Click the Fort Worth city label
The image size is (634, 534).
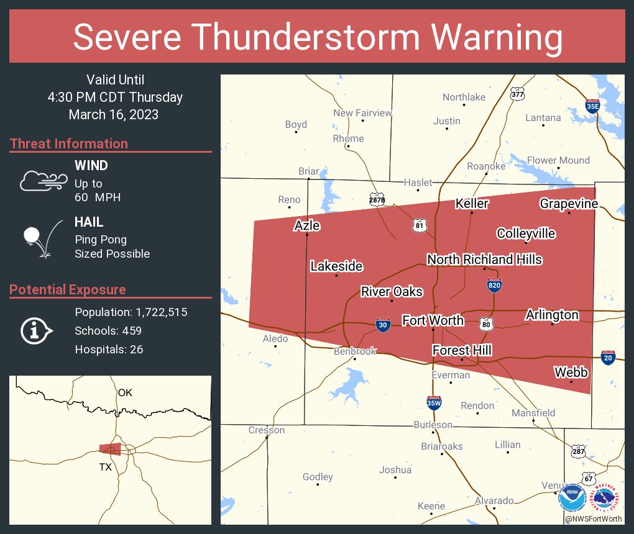tap(433, 320)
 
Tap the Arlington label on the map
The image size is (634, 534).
tap(552, 315)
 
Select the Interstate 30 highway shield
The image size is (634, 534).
tap(384, 325)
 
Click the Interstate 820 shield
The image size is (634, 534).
tap(494, 285)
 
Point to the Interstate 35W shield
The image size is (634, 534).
tap(434, 402)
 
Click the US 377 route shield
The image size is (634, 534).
tap(517, 94)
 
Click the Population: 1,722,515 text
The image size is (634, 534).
tap(131, 312)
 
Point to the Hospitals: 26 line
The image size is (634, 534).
tap(109, 350)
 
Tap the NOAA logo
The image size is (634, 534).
tap(572, 499)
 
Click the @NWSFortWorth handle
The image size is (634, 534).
tap(593, 518)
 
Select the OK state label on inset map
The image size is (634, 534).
tap(125, 392)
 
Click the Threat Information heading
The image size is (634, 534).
tap(69, 144)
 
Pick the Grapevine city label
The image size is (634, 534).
tap(569, 204)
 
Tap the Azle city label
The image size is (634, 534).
tap(307, 225)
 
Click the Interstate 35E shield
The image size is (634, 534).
tap(593, 106)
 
